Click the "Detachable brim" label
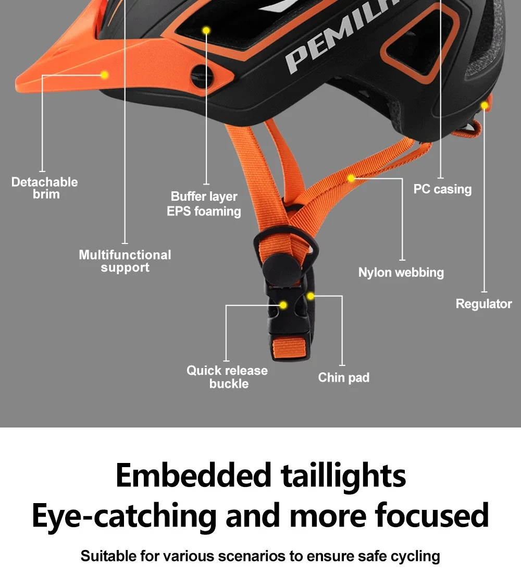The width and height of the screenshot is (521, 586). pyautogui.click(x=45, y=188)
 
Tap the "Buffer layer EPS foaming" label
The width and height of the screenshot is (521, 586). pyautogui.click(x=204, y=204)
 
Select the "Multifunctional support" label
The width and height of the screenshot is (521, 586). pyautogui.click(x=125, y=261)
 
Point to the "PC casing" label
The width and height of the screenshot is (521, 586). pyautogui.click(x=442, y=189)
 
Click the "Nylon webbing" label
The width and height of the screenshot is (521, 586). pyautogui.click(x=401, y=272)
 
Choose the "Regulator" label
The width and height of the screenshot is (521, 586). pyautogui.click(x=483, y=304)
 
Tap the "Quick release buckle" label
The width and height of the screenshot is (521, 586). pyautogui.click(x=227, y=377)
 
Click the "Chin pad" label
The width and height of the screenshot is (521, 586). pyautogui.click(x=343, y=377)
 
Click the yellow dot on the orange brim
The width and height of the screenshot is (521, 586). pyautogui.click(x=104, y=75)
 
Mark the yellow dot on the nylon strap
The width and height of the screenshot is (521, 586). pyautogui.click(x=351, y=178)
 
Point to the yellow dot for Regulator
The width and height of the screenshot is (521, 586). pyautogui.click(x=485, y=106)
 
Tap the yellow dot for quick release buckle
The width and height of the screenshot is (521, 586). pyautogui.click(x=283, y=304)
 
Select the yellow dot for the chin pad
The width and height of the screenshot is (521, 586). pyautogui.click(x=311, y=296)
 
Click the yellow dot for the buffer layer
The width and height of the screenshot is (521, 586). pyautogui.click(x=206, y=30)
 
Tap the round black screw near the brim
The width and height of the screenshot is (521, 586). pyautogui.click(x=199, y=77)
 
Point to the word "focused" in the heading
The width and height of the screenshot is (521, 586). pyautogui.click(x=431, y=515)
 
